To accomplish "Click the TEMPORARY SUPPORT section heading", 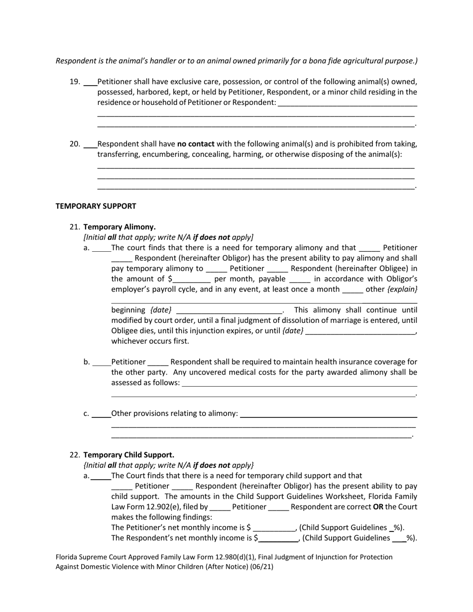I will click(x=96, y=206).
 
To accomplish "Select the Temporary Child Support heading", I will click(x=128, y=455).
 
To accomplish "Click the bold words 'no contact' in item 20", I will click(x=196, y=144).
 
